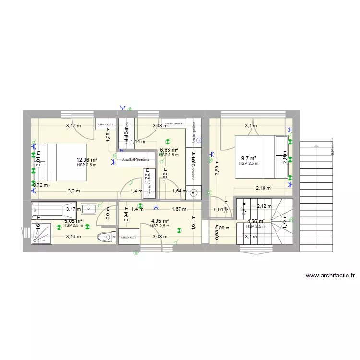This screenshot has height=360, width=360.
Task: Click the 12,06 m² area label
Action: [86, 160]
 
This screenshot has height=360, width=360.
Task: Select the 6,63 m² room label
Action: [169, 150]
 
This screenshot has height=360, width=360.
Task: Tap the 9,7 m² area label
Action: [248, 158]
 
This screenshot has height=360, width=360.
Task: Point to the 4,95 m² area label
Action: [159, 221]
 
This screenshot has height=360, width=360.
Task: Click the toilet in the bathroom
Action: [105, 236]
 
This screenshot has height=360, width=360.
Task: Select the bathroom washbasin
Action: [90, 208]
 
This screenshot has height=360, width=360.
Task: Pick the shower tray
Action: [42, 232]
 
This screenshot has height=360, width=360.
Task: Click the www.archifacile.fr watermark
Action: [330, 276]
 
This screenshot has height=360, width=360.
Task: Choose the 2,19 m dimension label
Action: [263, 188]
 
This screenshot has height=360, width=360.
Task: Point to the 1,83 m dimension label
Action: [165, 173]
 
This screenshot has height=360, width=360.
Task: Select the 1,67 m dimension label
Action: [179, 209]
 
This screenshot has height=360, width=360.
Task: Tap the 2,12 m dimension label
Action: [264, 206]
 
